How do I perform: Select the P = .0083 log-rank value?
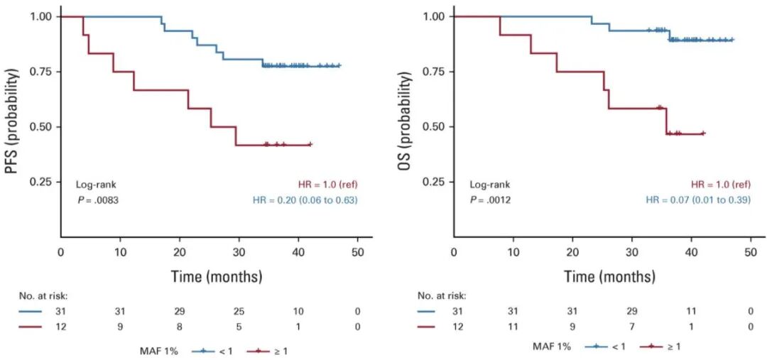(x=98, y=200)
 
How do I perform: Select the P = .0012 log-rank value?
(x=490, y=200)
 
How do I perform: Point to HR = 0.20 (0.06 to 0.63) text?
(x=305, y=200)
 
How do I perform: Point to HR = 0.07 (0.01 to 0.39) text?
(x=697, y=200)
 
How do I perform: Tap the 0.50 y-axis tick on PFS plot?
(x=42, y=127)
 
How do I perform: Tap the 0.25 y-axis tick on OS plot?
(x=435, y=182)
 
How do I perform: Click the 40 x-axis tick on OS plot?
(x=691, y=252)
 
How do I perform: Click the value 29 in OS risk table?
(x=631, y=312)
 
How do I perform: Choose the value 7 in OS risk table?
(x=631, y=327)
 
